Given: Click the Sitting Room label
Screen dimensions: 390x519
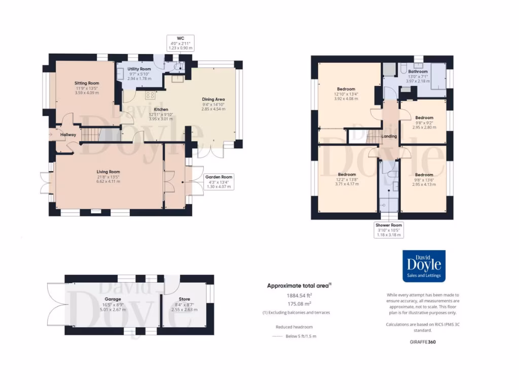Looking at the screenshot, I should [x=87, y=83].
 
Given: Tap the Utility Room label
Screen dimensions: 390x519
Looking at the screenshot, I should [x=139, y=69].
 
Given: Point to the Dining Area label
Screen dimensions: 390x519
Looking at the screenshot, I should [x=213, y=100].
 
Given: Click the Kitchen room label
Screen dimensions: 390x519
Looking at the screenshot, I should [x=161, y=109].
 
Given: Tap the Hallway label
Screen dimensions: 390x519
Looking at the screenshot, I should [x=68, y=135].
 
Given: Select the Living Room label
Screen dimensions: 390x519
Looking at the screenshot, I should [x=108, y=172].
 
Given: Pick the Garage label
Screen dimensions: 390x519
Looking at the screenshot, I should [x=113, y=299].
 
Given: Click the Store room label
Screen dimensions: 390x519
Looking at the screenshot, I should [x=184, y=299].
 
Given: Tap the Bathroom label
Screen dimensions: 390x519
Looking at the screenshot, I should [x=417, y=72].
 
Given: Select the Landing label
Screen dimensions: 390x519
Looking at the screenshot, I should [x=389, y=136].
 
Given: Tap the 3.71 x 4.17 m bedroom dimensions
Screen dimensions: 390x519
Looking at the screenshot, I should [x=347, y=184].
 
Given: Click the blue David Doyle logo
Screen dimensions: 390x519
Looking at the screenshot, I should [x=424, y=266].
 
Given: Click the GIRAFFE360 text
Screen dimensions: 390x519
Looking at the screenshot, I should [x=423, y=342].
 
